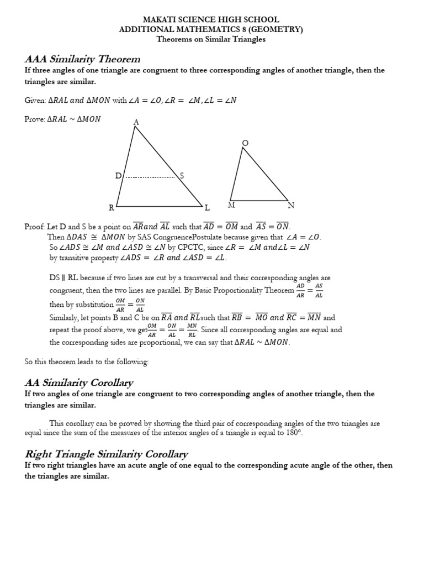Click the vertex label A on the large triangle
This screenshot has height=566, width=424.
coord(136,122)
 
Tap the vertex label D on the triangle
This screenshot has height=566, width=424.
coord(118,176)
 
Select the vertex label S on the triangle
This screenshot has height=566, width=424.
coord(181,176)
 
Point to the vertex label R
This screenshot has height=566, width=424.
coord(111,208)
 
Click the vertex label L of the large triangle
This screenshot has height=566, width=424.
coord(207,208)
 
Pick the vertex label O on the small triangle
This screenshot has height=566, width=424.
coord(246,143)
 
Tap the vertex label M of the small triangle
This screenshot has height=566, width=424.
coord(231,205)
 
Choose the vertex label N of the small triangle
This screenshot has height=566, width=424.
coord(291,206)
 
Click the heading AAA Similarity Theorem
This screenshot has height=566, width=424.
coord(83,59)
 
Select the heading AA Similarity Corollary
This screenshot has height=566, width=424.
coord(79,382)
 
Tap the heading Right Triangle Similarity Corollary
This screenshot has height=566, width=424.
coord(107,454)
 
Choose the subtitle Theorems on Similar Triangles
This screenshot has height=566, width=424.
coord(211,39)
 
